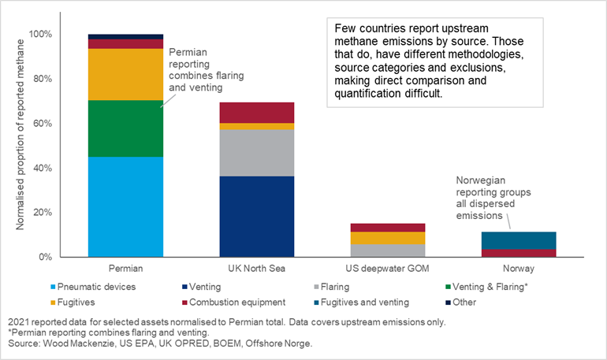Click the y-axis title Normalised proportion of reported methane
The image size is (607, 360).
[x=20, y=147]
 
